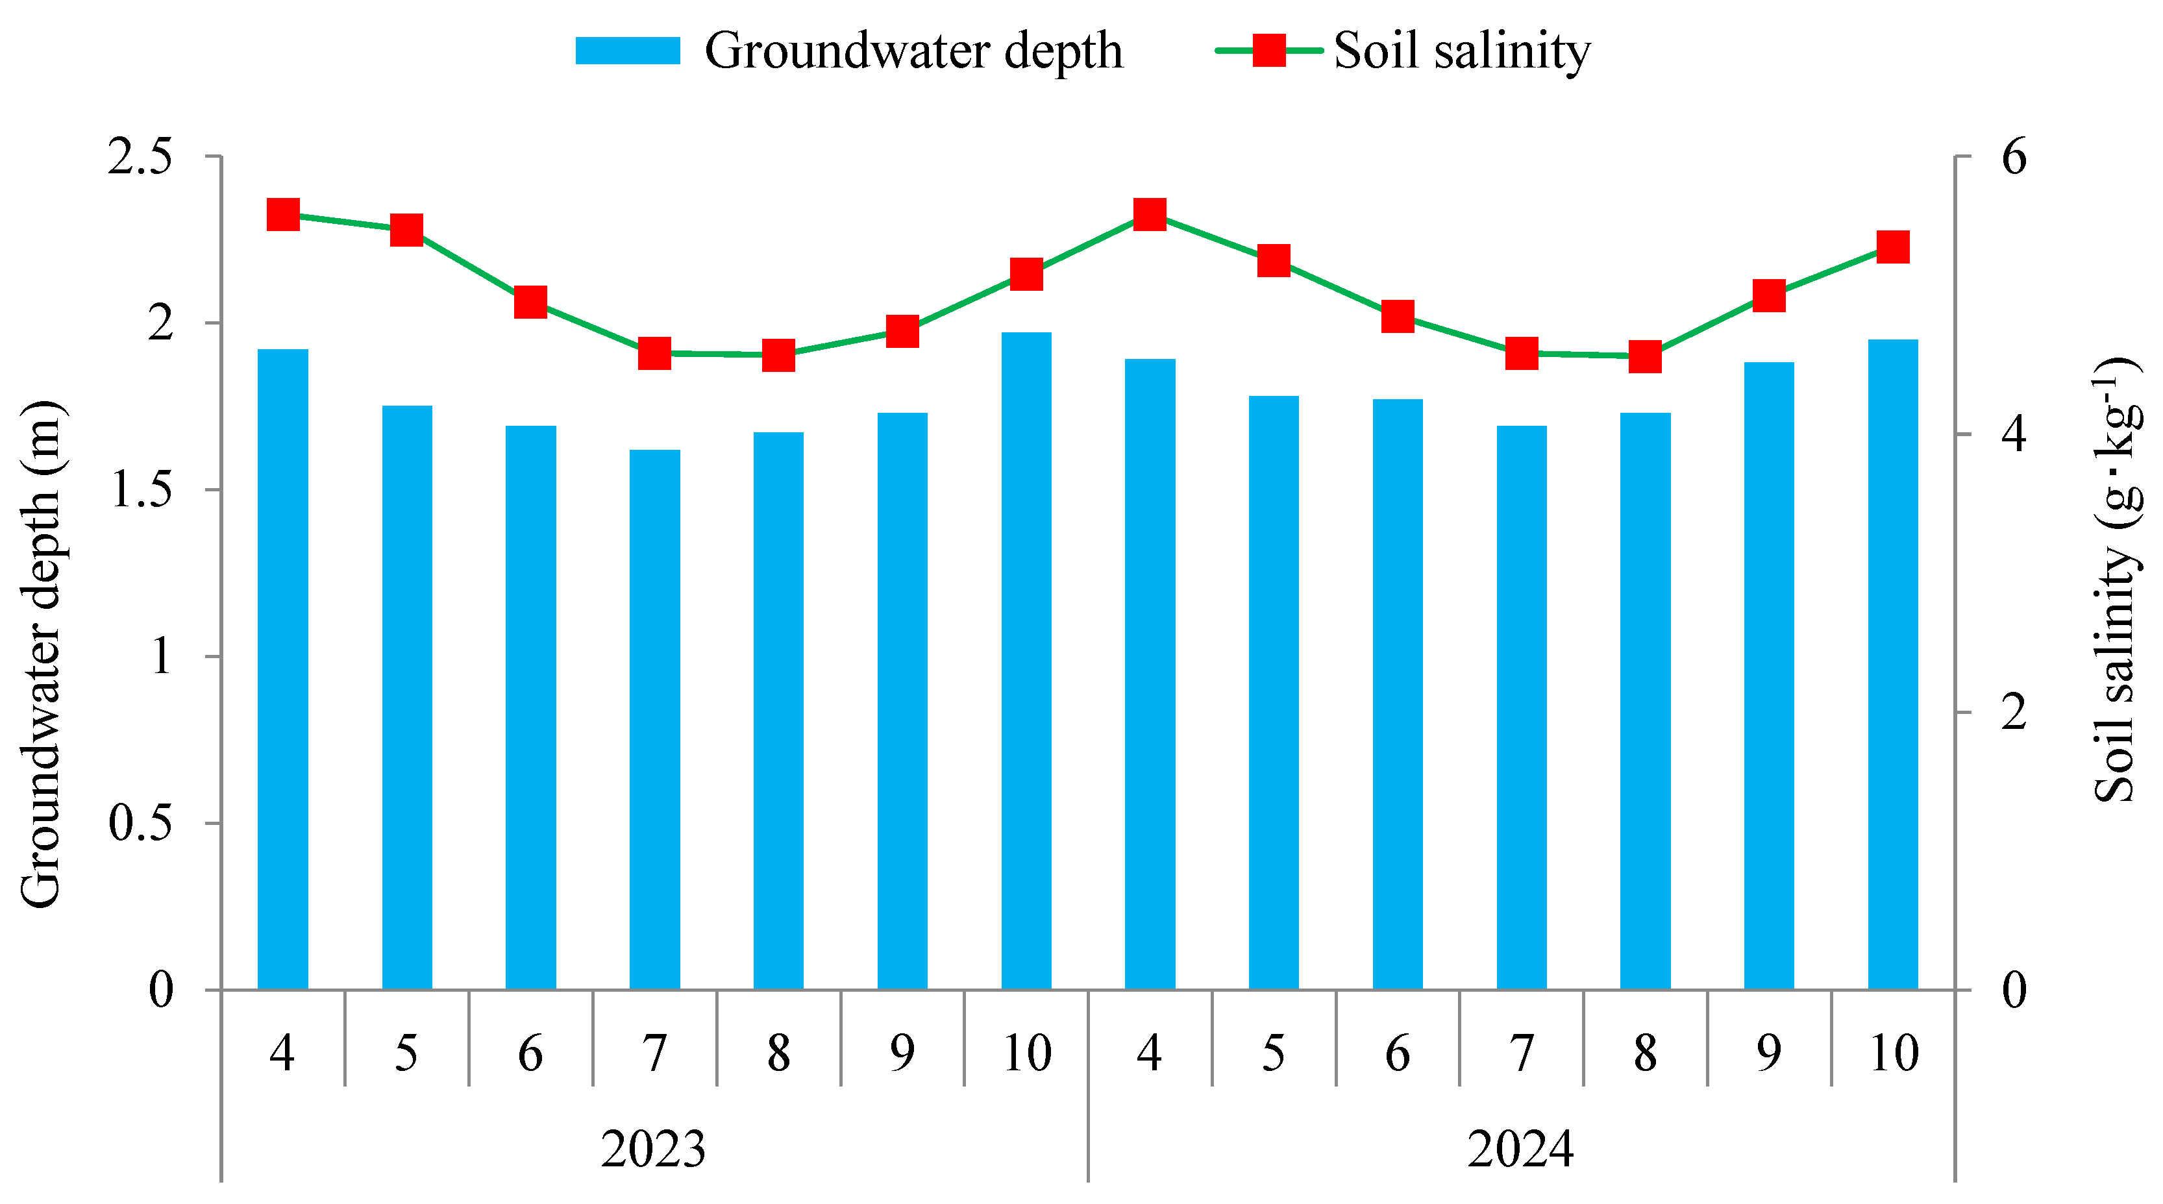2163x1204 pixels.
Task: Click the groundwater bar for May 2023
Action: [x=406, y=697]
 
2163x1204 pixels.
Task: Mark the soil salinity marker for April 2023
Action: [x=283, y=214]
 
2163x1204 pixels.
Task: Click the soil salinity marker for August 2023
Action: [x=778, y=355]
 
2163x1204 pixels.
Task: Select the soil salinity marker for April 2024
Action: [x=1150, y=214]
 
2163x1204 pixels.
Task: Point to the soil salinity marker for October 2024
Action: [x=1893, y=248]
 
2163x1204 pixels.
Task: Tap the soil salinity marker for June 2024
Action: [x=1397, y=317]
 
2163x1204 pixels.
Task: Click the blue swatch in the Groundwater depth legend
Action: [x=627, y=51]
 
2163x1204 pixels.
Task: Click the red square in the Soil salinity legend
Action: [x=1268, y=51]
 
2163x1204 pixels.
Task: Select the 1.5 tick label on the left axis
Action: [x=140, y=489]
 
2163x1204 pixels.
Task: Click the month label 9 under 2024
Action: [x=1768, y=1052]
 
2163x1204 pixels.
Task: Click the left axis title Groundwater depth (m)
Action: [x=40, y=655]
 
